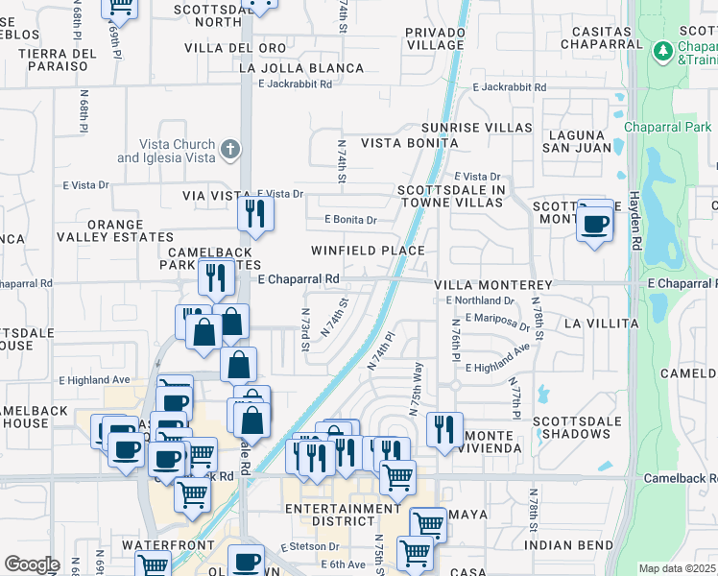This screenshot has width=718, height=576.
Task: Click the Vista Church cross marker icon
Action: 228,150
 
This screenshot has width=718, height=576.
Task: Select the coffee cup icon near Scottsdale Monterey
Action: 595,225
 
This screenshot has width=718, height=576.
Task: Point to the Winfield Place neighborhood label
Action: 367,251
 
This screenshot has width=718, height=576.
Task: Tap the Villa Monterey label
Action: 492,285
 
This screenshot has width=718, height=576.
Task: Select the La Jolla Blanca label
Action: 301,68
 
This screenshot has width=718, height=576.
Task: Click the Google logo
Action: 31,564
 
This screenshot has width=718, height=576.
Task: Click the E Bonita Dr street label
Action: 350,220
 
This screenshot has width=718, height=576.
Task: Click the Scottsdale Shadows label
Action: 580,427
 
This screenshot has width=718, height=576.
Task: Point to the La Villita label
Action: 600,324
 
